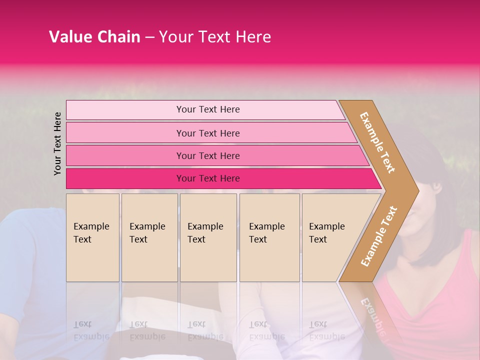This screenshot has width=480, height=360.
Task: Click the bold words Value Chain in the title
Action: (x=94, y=37)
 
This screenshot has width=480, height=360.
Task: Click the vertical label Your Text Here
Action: (x=57, y=143)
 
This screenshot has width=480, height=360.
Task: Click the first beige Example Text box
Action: (x=92, y=237)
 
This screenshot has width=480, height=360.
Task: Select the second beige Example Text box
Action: (x=149, y=237)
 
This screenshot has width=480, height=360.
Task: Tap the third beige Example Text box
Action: (x=208, y=237)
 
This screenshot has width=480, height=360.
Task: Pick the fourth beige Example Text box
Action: (x=269, y=237)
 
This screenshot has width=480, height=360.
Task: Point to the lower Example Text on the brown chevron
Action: (x=379, y=236)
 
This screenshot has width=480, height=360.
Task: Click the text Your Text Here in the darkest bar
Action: (x=208, y=178)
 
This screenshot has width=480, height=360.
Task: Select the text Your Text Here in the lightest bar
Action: (x=208, y=109)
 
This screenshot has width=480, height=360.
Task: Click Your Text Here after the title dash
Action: (x=215, y=37)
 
